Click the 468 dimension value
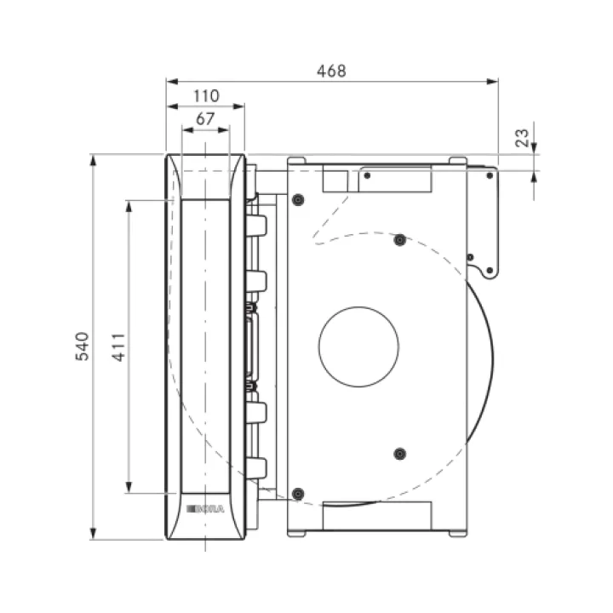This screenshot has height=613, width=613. click(331, 72)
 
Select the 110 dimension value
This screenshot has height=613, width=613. click(206, 95)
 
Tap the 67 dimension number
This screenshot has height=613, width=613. click(205, 119)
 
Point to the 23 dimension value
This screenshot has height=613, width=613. click(522, 138)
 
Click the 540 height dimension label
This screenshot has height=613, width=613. click(82, 347)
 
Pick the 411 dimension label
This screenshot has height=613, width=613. click(119, 347)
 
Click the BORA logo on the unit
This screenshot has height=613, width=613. click(206, 508)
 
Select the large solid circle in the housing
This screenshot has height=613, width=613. click(358, 347)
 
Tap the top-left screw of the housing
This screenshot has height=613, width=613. click(298, 200)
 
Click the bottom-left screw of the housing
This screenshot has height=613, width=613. click(298, 494)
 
